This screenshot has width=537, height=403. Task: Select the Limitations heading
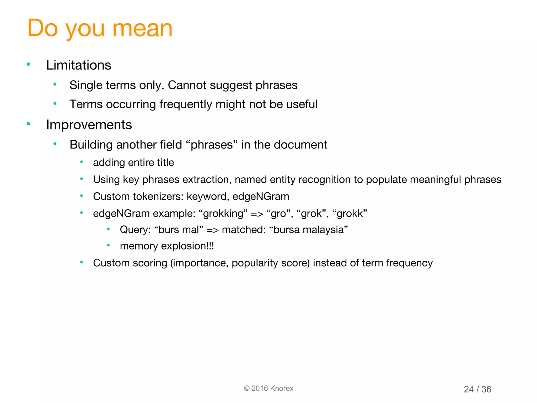tap(78, 65)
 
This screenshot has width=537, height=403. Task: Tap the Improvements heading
tap(89, 125)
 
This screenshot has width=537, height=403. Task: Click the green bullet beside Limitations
tap(28, 64)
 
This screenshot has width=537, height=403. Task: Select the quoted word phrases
tap(211, 145)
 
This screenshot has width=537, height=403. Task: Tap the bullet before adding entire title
tap(82, 162)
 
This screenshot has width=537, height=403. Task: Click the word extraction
tap(206, 180)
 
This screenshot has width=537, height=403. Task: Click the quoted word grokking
tap(223, 214)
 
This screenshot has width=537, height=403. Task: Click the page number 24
tap(469, 389)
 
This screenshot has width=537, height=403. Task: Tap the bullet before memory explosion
tap(108, 246)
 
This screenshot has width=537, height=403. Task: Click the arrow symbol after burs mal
tap(212, 230)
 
